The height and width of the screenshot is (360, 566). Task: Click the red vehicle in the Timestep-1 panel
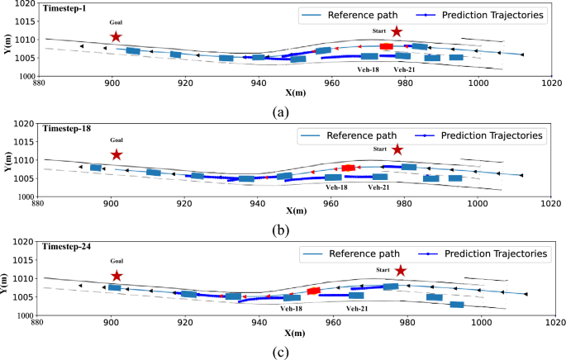pyautogui.click(x=386, y=47)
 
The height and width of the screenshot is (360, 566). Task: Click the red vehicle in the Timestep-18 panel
pyautogui.click(x=348, y=168)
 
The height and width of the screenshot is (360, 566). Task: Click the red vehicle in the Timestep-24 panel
pyautogui.click(x=313, y=291)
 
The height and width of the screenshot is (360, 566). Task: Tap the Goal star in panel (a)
pyautogui.click(x=116, y=36)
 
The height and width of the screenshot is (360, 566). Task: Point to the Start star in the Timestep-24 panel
pyautogui.click(x=401, y=271)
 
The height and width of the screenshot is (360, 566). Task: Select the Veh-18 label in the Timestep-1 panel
pyautogui.click(x=369, y=69)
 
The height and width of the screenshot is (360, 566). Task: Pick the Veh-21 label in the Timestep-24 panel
pyautogui.click(x=357, y=308)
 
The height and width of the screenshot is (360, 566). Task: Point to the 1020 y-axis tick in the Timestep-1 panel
pyautogui.click(x=21, y=5)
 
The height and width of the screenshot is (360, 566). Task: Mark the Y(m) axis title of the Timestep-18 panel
pyautogui.click(x=6, y=160)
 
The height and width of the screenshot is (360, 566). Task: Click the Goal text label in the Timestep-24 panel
pyautogui.click(x=117, y=262)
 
